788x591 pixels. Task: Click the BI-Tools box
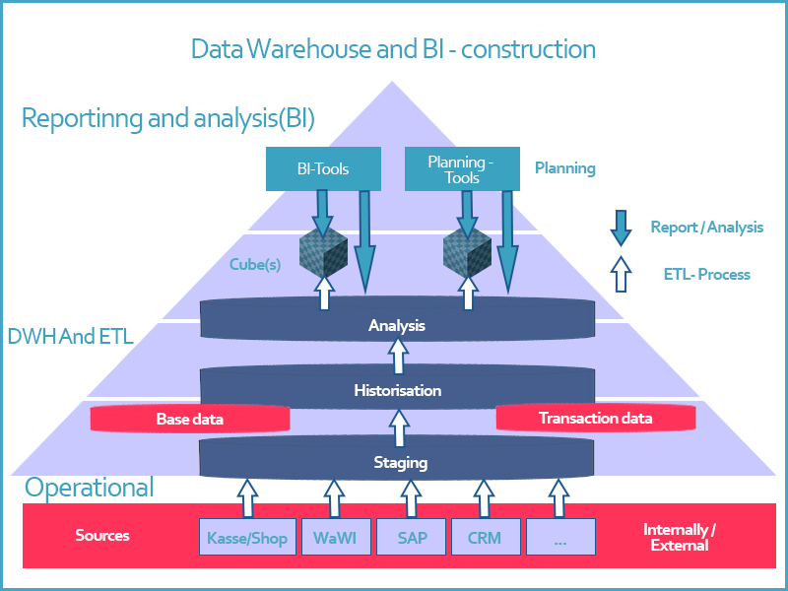(323, 168)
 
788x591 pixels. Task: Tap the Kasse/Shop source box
(247, 538)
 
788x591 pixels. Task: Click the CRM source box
(484, 538)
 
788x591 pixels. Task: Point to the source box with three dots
(559, 538)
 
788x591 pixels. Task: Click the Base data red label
(190, 419)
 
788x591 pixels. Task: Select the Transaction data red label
(595, 419)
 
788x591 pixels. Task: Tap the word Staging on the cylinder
(400, 462)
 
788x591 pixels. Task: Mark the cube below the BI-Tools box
(324, 254)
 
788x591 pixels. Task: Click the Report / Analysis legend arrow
(621, 227)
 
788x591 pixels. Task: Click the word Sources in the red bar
(102, 536)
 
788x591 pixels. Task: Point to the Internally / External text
(680, 537)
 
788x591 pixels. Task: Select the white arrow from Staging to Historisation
(398, 428)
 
